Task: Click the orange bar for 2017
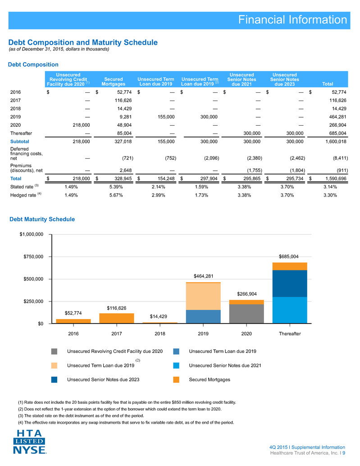click(x=116, y=318)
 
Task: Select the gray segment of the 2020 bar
click(x=246, y=314)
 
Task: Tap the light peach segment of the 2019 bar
click(x=203, y=296)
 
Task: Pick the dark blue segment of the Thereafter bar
click(x=290, y=283)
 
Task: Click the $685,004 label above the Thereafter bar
click(x=289, y=256)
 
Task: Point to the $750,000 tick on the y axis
click(x=33, y=256)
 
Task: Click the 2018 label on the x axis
click(x=160, y=334)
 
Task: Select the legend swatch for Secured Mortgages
click(x=176, y=379)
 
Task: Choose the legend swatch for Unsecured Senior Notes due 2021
click(x=176, y=365)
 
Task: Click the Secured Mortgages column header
click(x=114, y=82)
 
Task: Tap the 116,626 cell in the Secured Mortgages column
click(x=123, y=101)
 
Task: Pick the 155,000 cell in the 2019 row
click(x=166, y=117)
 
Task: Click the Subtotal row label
click(x=20, y=142)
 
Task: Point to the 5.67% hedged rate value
click(x=116, y=195)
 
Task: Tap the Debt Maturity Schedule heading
click(x=42, y=219)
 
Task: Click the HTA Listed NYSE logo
click(x=29, y=442)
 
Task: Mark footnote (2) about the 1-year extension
click(x=120, y=409)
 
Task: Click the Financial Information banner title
click(x=292, y=20)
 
